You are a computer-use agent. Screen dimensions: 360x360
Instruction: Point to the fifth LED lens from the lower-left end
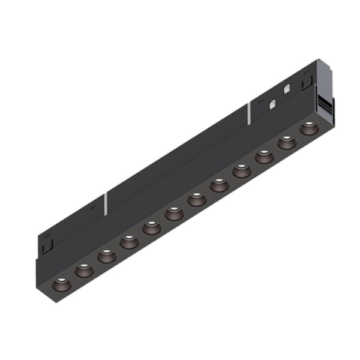pos(151,227)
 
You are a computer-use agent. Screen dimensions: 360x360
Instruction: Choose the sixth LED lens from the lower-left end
pos(173,213)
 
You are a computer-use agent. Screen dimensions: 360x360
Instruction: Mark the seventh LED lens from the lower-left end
pos(196,199)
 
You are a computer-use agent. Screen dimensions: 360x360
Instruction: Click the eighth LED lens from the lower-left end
pos(219,185)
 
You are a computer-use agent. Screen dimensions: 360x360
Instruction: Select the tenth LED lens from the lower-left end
pos(264,157)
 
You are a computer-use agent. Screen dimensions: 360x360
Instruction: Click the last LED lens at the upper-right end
pos(309,128)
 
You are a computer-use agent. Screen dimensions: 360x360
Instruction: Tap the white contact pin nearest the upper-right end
pos(286,87)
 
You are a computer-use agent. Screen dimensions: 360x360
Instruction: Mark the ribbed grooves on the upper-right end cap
pos(328,106)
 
